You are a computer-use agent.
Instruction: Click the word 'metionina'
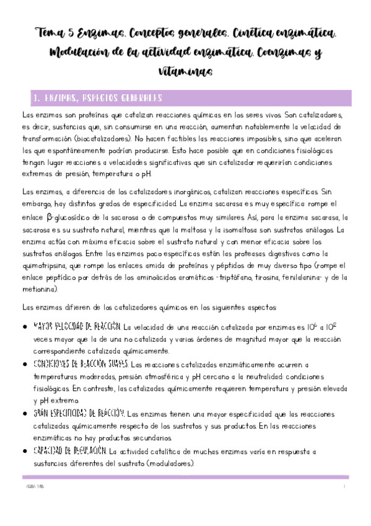click(41, 290)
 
